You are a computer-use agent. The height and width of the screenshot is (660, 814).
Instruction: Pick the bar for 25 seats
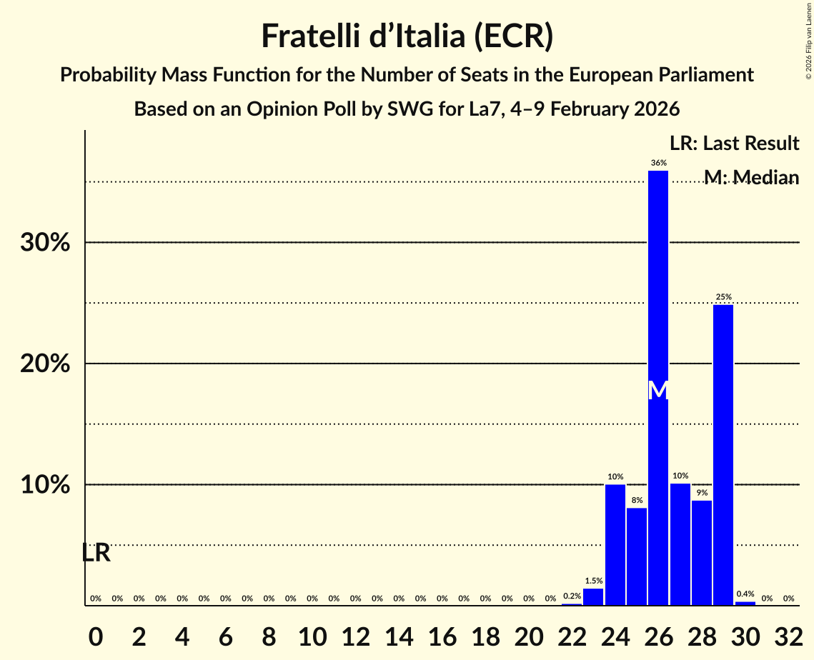click(x=637, y=556)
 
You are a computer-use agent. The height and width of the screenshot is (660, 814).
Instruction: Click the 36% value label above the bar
click(x=658, y=163)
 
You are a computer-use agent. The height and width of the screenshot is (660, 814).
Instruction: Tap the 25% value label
click(x=723, y=297)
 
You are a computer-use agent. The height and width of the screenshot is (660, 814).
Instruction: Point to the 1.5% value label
click(x=593, y=581)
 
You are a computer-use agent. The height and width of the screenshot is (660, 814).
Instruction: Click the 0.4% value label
click(x=745, y=594)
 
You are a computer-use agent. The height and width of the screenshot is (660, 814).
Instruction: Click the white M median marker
click(x=658, y=390)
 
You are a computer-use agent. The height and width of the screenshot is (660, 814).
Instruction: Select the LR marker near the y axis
click(x=96, y=553)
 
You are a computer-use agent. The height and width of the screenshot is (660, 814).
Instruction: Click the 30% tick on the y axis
click(x=45, y=243)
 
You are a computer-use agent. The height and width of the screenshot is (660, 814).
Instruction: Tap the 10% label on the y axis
click(x=45, y=485)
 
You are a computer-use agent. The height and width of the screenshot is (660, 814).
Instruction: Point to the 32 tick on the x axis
click(x=788, y=632)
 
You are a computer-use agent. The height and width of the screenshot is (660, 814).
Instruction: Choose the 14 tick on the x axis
click(x=399, y=632)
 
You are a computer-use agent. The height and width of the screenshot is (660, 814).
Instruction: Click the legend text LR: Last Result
click(x=734, y=144)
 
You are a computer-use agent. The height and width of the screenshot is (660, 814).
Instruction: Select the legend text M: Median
click(x=751, y=177)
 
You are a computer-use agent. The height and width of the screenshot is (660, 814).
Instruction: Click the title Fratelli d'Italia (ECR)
click(x=407, y=36)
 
